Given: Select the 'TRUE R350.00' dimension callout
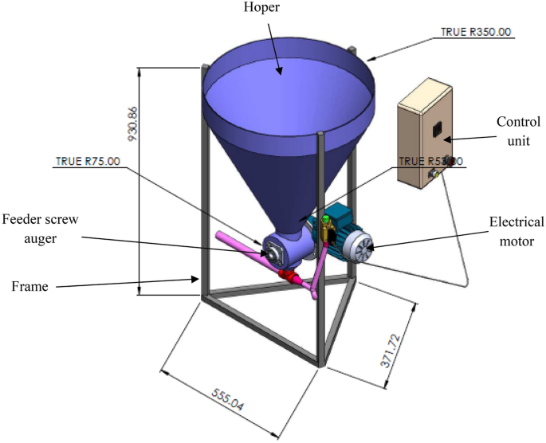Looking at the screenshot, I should pos(477,33).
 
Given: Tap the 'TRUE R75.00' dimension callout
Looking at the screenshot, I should pos(88,160).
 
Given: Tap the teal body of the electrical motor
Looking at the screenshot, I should pos(336,227).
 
